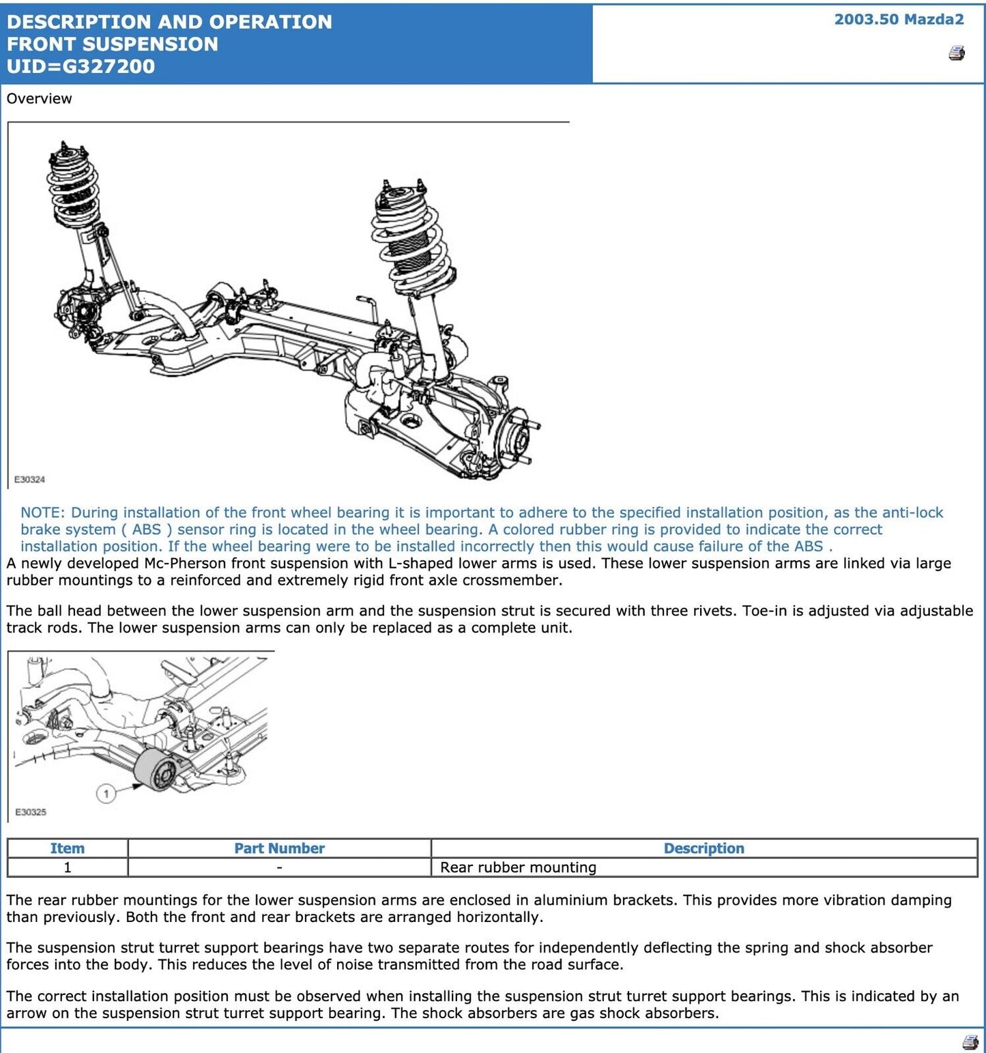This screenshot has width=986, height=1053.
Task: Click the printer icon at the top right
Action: [x=957, y=53]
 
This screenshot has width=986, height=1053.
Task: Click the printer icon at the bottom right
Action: [x=970, y=1042]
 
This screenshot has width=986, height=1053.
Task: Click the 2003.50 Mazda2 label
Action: [x=899, y=19]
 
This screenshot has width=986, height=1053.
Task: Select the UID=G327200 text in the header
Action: [x=81, y=66]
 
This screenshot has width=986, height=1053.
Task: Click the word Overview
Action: [x=39, y=98]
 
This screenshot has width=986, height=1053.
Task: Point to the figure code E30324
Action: [x=29, y=480]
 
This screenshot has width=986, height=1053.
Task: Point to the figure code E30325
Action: [x=30, y=812]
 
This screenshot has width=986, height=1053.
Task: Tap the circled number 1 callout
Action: [x=106, y=794]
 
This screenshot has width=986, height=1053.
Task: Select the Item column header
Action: [x=67, y=848]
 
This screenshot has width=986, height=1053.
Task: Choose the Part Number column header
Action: [x=279, y=848]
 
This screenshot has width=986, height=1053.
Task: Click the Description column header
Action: [x=704, y=848]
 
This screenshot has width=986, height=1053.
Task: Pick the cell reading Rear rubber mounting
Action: [x=518, y=867]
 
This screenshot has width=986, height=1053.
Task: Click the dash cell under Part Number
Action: [x=279, y=867]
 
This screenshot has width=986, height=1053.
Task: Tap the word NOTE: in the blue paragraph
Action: [x=42, y=513]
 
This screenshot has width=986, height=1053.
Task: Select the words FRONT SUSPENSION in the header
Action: [x=113, y=44]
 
